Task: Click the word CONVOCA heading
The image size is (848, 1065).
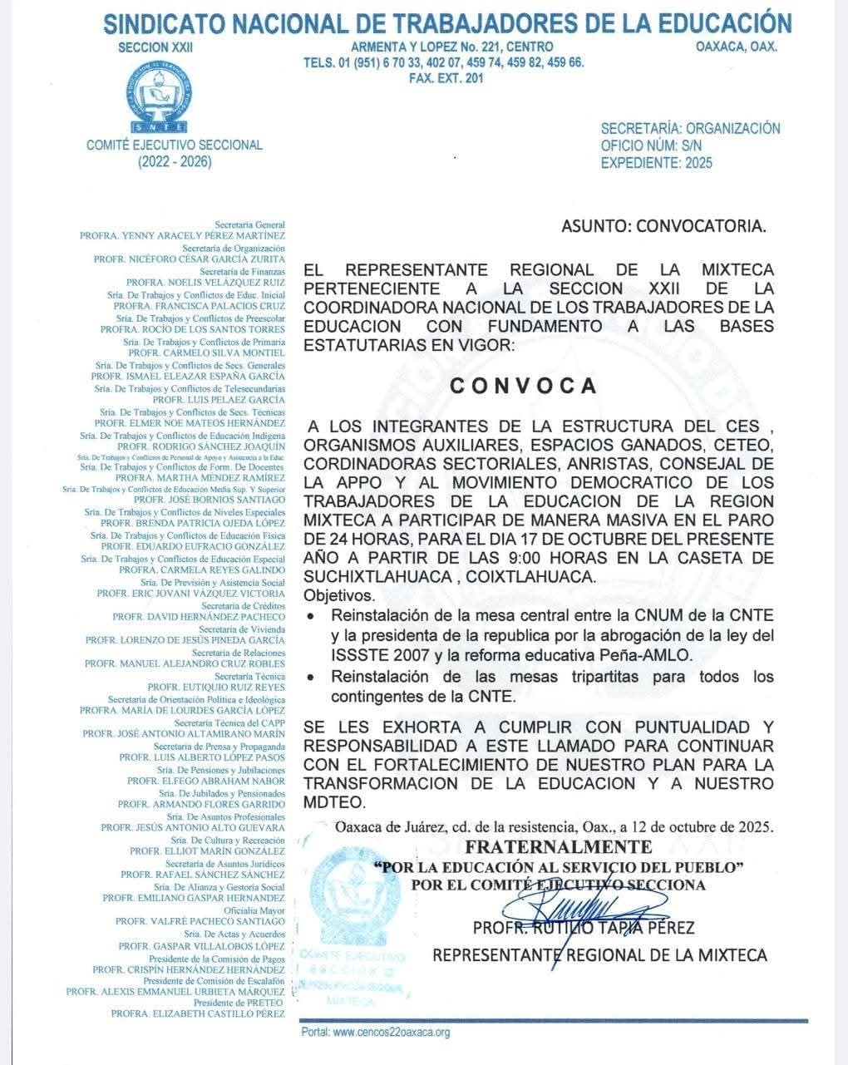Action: coord(523,386)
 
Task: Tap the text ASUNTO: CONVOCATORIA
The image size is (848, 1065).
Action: coord(663,225)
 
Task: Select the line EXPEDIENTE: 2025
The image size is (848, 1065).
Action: coord(656,163)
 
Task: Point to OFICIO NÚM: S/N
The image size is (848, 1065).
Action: coord(651,145)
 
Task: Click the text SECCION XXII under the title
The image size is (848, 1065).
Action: coord(155,47)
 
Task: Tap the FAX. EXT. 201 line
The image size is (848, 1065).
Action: coord(446,78)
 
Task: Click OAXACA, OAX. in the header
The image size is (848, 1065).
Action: coord(736,47)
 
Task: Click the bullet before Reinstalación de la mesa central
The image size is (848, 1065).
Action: coord(311,617)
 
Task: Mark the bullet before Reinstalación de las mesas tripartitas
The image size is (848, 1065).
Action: coord(311,678)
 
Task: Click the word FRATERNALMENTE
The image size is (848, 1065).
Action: coord(558,847)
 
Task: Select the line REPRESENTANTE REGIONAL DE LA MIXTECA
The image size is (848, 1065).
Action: coord(599,955)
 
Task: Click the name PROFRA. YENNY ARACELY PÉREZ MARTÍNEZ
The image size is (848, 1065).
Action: coord(182,236)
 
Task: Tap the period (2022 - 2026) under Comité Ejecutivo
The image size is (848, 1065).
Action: coord(175,161)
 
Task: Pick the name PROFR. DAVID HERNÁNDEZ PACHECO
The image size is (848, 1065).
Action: coord(199,617)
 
